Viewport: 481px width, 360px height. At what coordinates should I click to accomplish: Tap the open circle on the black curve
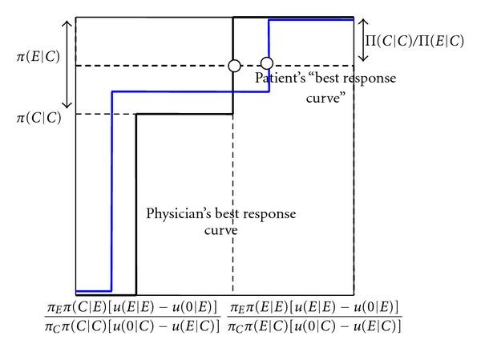234,65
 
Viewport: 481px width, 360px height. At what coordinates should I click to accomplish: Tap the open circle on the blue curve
267,63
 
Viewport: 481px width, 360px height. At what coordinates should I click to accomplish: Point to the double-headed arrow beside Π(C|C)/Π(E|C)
364,40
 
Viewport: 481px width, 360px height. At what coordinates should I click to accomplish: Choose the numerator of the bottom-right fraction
315,307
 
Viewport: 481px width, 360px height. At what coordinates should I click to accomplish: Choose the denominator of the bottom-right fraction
315,326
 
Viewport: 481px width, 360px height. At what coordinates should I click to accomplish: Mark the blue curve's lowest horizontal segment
93,290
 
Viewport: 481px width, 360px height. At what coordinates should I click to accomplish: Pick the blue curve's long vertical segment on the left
111,192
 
